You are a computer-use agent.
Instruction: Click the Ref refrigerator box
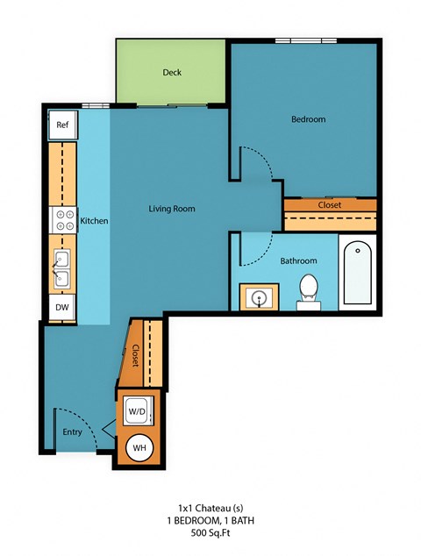pos(62,125)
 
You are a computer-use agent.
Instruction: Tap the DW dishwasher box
pos(62,307)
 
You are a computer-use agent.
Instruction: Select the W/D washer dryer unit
pos(137,410)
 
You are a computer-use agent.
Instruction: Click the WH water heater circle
pos(139,448)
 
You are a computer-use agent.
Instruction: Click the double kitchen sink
pos(62,268)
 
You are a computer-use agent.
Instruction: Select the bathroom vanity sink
pos(259,298)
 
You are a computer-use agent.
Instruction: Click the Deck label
pos(172,73)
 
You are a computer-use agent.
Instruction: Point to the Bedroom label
pos(308,119)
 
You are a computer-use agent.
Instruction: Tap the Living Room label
pos(171,209)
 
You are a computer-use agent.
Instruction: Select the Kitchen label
pos(94,221)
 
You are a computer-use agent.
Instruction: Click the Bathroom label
pos(298,261)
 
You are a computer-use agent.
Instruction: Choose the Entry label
pos(72,431)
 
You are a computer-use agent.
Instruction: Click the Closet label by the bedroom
pos(330,205)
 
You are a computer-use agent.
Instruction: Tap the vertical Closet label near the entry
pos(136,354)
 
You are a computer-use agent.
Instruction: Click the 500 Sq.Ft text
pos(211,532)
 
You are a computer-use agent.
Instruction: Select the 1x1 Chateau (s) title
pos(211,508)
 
